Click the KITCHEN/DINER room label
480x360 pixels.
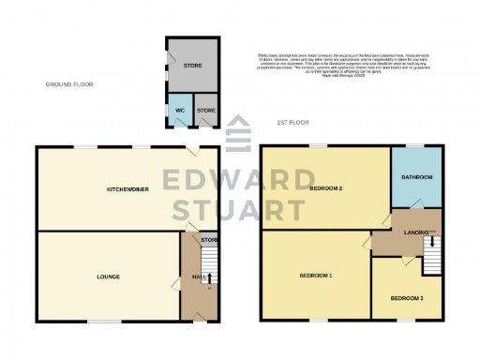pyautogui.click(x=125, y=189)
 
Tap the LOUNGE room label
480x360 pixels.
pyautogui.click(x=107, y=277)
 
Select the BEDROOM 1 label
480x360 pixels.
pyautogui.click(x=315, y=275)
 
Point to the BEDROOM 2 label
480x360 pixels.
pyautogui.click(x=325, y=189)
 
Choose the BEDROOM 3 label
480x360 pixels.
pyautogui.click(x=407, y=298)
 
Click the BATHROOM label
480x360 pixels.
pyautogui.click(x=415, y=177)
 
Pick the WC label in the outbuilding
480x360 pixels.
pyautogui.click(x=178, y=111)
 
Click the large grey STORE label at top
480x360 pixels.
pyautogui.click(x=192, y=67)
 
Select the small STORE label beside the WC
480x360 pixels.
pyautogui.click(x=205, y=111)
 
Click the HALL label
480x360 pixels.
pyautogui.click(x=198, y=277)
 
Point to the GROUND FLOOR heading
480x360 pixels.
pyautogui.click(x=70, y=84)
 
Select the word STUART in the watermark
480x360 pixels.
pyautogui.click(x=240, y=208)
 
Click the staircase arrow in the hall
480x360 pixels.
pyautogui.click(x=209, y=277)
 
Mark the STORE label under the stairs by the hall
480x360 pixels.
pyautogui.click(x=208, y=240)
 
